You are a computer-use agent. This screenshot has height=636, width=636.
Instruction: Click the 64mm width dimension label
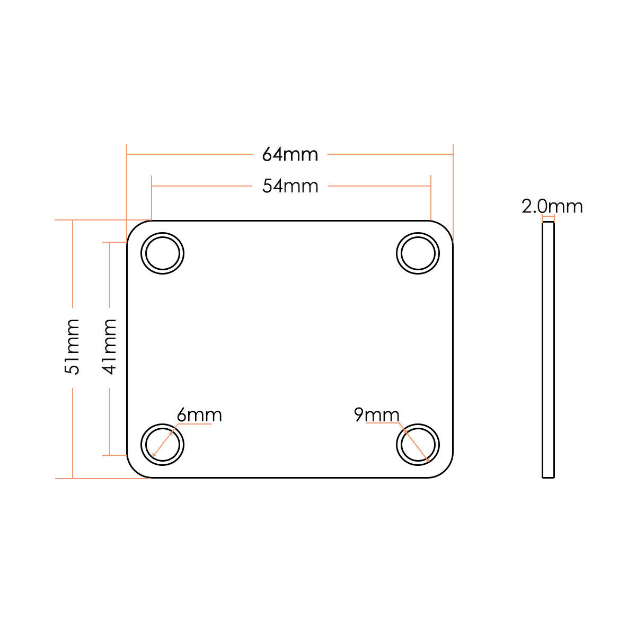[x=290, y=154]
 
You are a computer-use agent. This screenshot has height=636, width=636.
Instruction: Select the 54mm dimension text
[x=290, y=186]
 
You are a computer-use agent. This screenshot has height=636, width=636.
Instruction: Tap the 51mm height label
[x=72, y=347]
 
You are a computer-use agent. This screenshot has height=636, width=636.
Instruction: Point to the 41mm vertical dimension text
[x=109, y=347]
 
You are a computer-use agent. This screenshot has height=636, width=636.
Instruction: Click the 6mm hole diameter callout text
[x=199, y=415]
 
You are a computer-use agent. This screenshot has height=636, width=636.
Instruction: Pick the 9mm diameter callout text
[x=377, y=415]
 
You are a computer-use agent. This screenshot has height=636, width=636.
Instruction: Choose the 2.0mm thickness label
[x=552, y=207]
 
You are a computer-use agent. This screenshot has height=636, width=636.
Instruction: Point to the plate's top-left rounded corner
[x=134, y=227]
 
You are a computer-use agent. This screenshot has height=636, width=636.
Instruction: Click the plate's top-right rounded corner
[x=446, y=227]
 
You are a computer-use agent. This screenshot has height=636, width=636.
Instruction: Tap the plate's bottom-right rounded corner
[x=446, y=471]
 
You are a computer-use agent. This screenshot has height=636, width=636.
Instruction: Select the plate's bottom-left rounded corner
[x=134, y=471]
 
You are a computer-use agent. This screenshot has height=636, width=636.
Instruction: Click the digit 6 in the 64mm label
[x=267, y=155]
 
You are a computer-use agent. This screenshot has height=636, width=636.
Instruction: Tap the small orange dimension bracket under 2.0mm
[x=548, y=217]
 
